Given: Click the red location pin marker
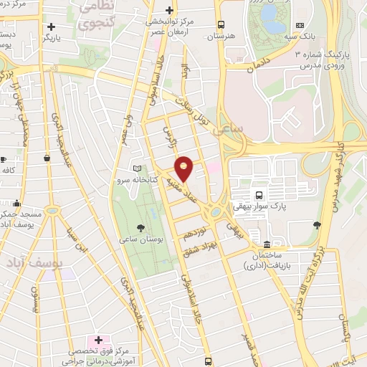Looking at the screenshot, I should tap(184, 168).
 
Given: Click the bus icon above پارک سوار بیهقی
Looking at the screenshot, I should tap(259, 195).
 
